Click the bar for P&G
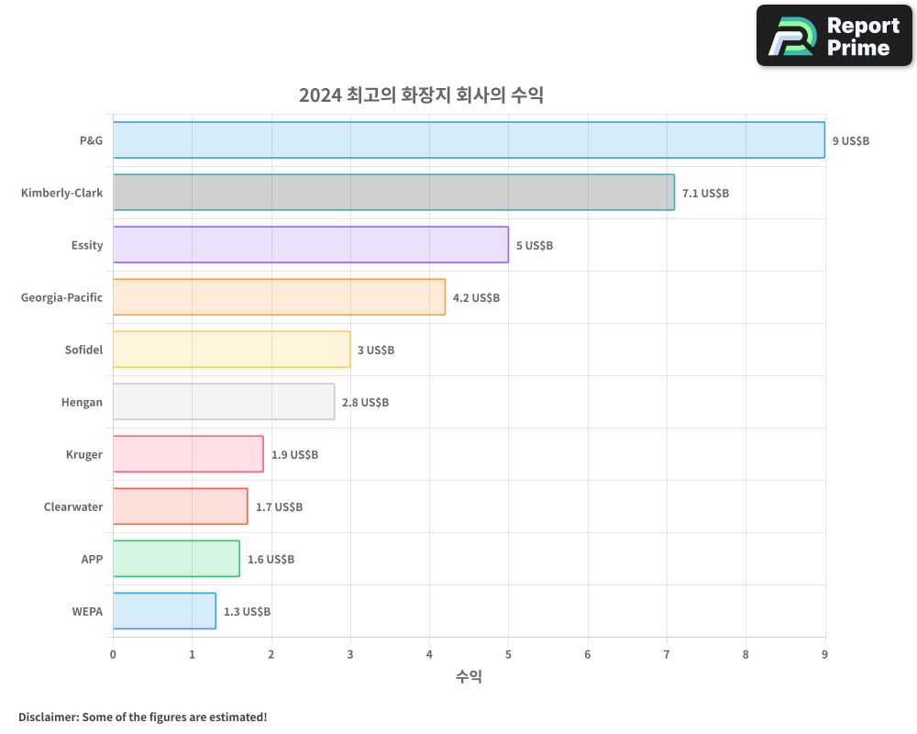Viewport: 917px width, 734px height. [469, 140]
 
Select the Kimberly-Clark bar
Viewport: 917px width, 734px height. [393, 193]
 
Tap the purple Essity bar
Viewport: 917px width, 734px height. [310, 245]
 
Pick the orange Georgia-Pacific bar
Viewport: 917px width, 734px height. [279, 297]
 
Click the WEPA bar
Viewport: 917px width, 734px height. [164, 611]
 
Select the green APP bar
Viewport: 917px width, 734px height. [176, 559]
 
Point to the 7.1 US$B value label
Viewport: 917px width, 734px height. [705, 194]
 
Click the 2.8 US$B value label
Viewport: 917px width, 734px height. [365, 403]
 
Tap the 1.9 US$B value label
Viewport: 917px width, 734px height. [294, 455]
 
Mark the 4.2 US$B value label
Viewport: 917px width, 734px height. [476, 298]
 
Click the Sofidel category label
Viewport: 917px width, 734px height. [83, 350]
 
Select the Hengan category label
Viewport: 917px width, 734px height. [82, 402]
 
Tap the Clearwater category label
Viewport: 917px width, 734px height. [73, 506]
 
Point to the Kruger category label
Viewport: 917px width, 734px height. [84, 454]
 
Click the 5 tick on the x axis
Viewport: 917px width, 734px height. [508, 654]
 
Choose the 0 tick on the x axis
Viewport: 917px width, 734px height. [113, 654]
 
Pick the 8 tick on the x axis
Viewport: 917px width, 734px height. [746, 654]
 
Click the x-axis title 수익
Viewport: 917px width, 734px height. [469, 677]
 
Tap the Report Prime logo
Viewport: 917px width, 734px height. [834, 36]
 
